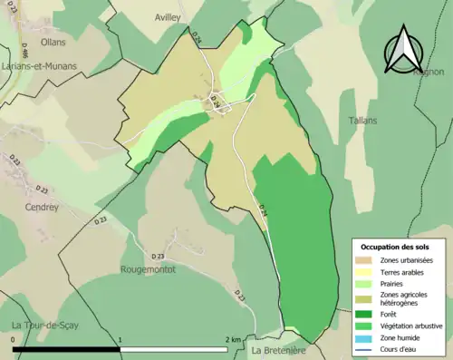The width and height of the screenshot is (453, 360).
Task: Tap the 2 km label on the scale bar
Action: click(233, 339)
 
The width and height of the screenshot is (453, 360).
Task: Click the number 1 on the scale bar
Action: click(120, 339)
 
